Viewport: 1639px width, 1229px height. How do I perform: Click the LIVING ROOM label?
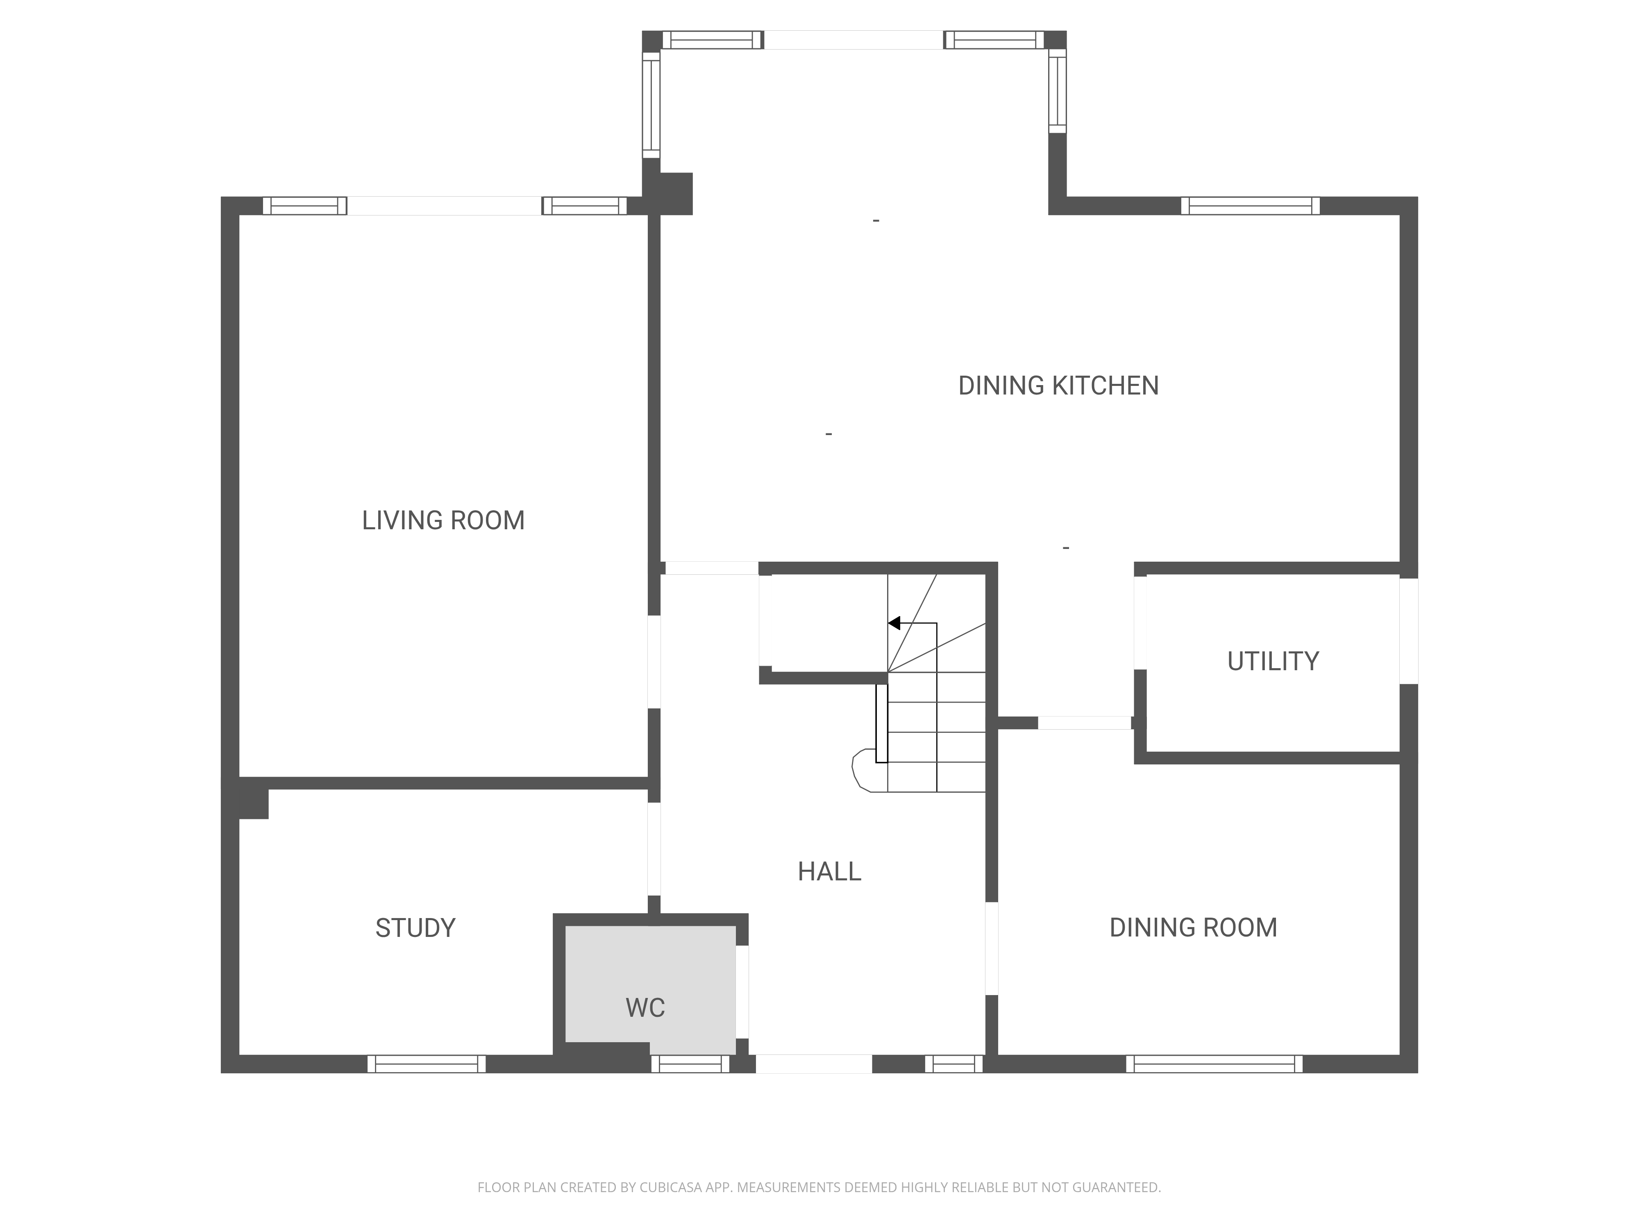443,521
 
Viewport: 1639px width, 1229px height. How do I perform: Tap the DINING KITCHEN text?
1058,386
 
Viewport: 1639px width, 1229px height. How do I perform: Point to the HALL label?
829,872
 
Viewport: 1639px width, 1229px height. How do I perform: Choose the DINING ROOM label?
1193,927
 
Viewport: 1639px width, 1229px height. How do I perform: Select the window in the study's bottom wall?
427,1064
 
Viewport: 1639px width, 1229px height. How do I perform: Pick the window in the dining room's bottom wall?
1214,1064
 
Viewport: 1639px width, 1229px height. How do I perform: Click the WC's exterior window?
690,1064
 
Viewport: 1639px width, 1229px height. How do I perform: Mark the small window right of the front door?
953,1064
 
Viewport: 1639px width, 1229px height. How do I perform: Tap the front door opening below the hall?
814,1064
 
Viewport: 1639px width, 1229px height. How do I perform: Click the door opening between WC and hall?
742,992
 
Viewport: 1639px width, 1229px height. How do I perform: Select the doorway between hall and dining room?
992,948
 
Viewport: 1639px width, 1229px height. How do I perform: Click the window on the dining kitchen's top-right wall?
1250,206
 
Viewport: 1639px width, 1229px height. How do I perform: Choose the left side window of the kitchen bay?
652,104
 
